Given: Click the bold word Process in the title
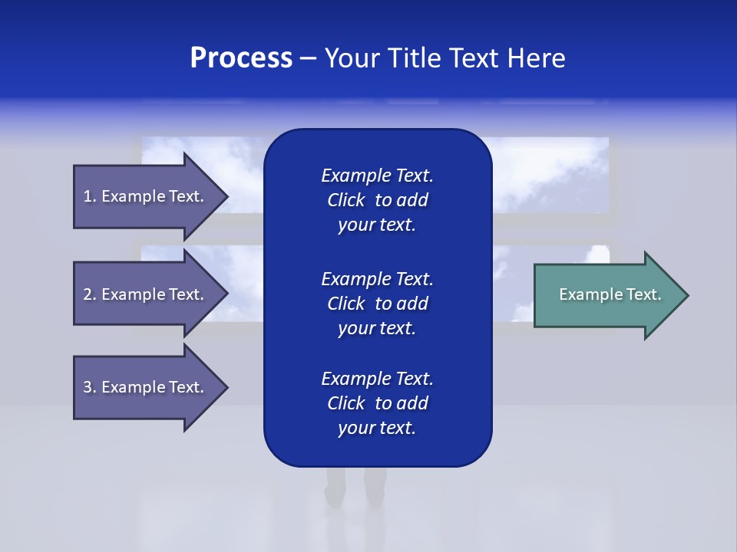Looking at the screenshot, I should coord(241,58).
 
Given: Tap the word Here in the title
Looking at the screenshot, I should coord(537,58).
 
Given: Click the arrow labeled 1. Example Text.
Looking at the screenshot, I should coord(146,196).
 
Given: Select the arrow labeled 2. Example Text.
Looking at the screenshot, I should coord(146,294).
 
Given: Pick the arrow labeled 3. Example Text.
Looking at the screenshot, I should coord(146,387).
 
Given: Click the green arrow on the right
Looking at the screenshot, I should coord(606,295).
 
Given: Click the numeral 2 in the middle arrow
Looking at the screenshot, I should coord(88,294).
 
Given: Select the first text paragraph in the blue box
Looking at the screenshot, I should coord(377,200).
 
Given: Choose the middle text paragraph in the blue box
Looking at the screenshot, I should coord(377,304).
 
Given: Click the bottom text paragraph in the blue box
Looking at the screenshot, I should coord(377,403).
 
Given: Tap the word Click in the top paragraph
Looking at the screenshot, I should coord(345,200).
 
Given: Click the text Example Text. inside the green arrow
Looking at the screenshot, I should coord(610,294).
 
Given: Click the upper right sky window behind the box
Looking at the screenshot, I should coord(549,175).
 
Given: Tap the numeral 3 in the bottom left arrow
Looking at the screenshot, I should coord(88,387).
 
